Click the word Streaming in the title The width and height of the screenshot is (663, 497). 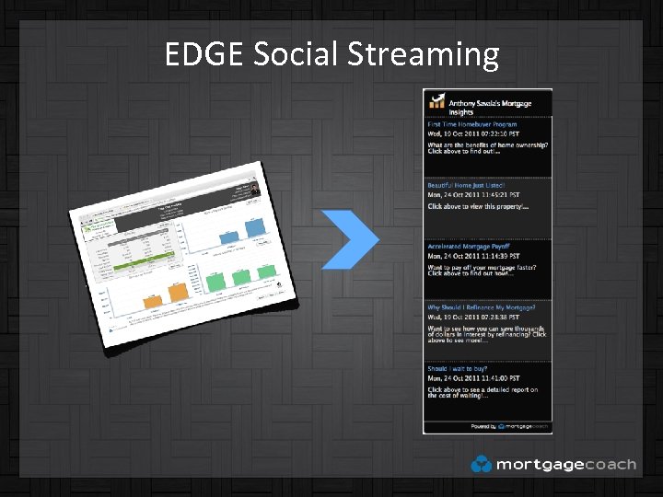(424, 55)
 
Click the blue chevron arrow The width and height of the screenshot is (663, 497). (351, 239)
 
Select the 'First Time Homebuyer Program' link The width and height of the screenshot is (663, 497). (471, 124)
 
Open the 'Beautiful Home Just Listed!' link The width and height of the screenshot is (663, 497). (466, 185)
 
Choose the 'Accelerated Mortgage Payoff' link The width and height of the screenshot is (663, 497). (470, 247)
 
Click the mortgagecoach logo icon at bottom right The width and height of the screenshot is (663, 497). (480, 465)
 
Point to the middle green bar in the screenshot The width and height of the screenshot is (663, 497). (242, 277)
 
